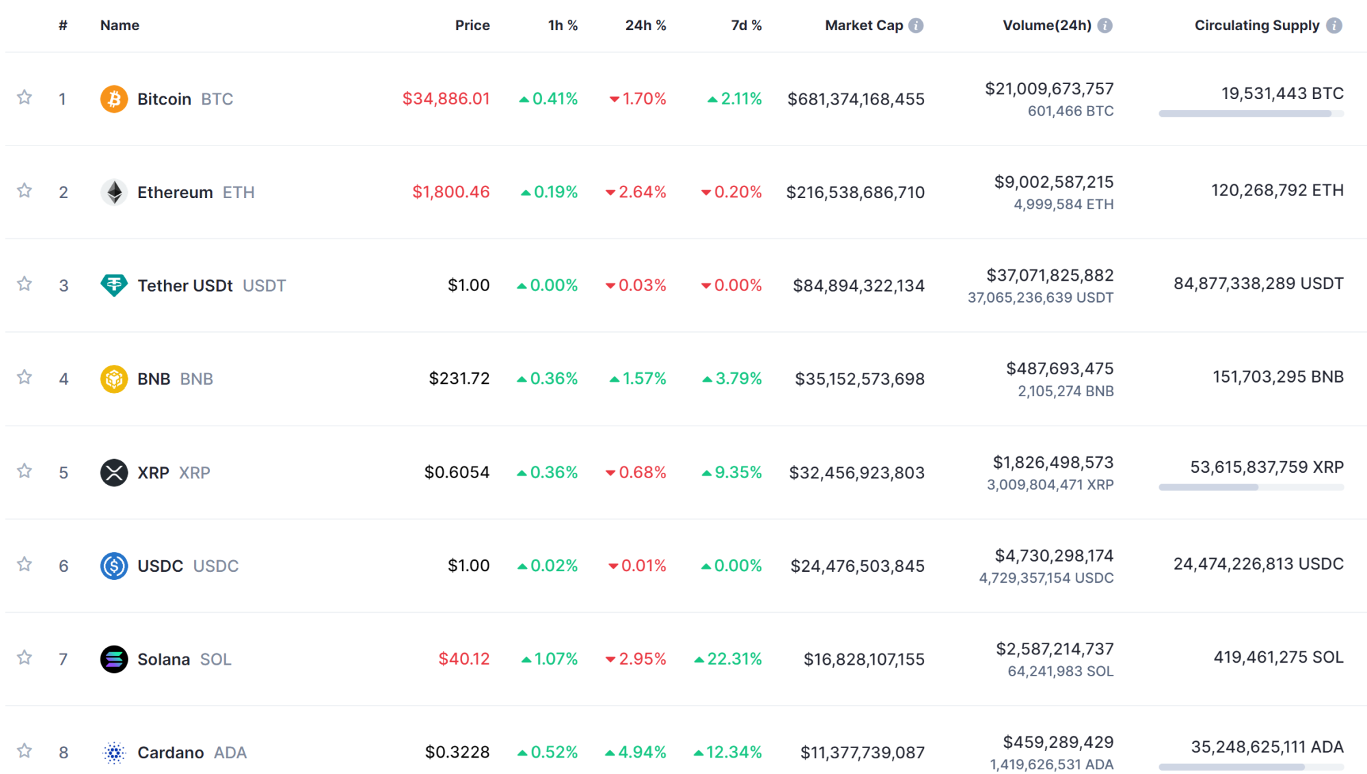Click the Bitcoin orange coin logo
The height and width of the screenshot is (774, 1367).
(114, 99)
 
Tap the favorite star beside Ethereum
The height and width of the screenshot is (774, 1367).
(25, 191)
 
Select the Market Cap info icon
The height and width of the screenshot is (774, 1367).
(916, 26)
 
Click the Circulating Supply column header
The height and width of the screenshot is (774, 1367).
(1256, 26)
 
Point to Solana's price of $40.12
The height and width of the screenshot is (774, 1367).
(463, 659)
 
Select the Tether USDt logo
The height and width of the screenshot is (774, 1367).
(114, 285)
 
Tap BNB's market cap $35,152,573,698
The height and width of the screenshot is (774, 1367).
(859, 379)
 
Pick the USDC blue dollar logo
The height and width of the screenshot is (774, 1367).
(114, 566)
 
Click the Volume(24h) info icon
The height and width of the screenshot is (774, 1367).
(1105, 26)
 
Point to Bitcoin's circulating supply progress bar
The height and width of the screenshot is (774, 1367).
(1251, 114)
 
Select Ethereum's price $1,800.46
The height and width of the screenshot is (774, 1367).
(450, 192)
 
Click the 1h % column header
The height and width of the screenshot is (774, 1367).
(563, 26)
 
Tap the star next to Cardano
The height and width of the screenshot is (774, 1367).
(25, 751)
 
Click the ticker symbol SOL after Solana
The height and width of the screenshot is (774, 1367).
(215, 659)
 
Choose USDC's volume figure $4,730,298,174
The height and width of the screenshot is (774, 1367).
(1054, 556)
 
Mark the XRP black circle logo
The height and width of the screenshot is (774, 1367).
(114, 472)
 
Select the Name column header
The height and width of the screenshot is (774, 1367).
(120, 26)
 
